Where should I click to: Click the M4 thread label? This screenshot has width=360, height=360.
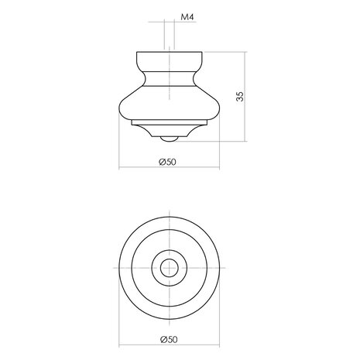(187, 17)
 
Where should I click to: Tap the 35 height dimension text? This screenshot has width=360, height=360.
(240, 96)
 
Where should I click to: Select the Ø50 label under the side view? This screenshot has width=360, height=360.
(167, 162)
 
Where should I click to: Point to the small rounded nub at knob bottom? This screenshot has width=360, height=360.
(169, 139)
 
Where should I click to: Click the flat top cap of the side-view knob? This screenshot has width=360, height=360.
(170, 61)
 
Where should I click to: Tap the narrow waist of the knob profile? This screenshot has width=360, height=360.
(170, 78)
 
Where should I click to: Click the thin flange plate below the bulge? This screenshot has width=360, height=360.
(170, 122)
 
